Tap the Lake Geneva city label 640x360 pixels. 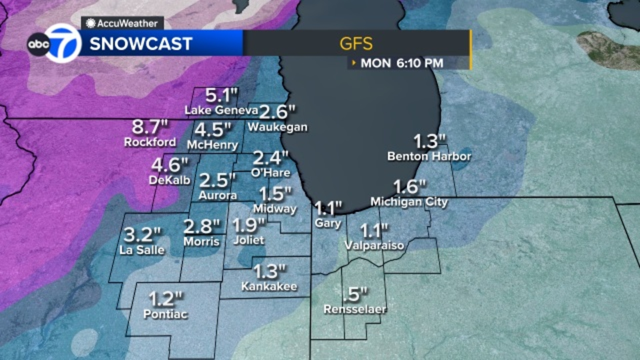pos(221,110)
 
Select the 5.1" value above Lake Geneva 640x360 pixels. pos(221,95)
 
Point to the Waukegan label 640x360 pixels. pos(278,127)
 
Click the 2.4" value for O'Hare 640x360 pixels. pos(270,158)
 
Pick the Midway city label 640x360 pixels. pos(275,208)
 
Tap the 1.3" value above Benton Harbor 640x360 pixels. pos(429,141)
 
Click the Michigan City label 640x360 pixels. pos(409,202)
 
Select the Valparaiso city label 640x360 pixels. pos(374,245)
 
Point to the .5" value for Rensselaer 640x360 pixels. pos(355,294)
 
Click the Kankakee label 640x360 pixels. pos(269,286)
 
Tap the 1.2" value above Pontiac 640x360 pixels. pos(166,298)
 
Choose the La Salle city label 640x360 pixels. pos(142,250)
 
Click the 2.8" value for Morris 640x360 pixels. pos(201,226)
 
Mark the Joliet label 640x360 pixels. pos(248,240)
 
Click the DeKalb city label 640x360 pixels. pos(170,180)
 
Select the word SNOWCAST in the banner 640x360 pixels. pos(141,43)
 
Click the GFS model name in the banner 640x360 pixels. pos(356,43)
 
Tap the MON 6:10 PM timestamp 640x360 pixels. pos(402,63)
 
